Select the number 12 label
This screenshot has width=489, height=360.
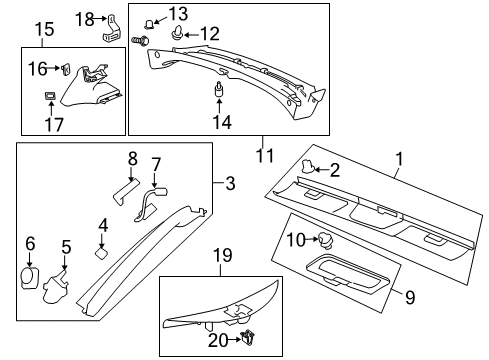click(x=209, y=34)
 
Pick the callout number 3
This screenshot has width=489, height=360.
click(x=229, y=185)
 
